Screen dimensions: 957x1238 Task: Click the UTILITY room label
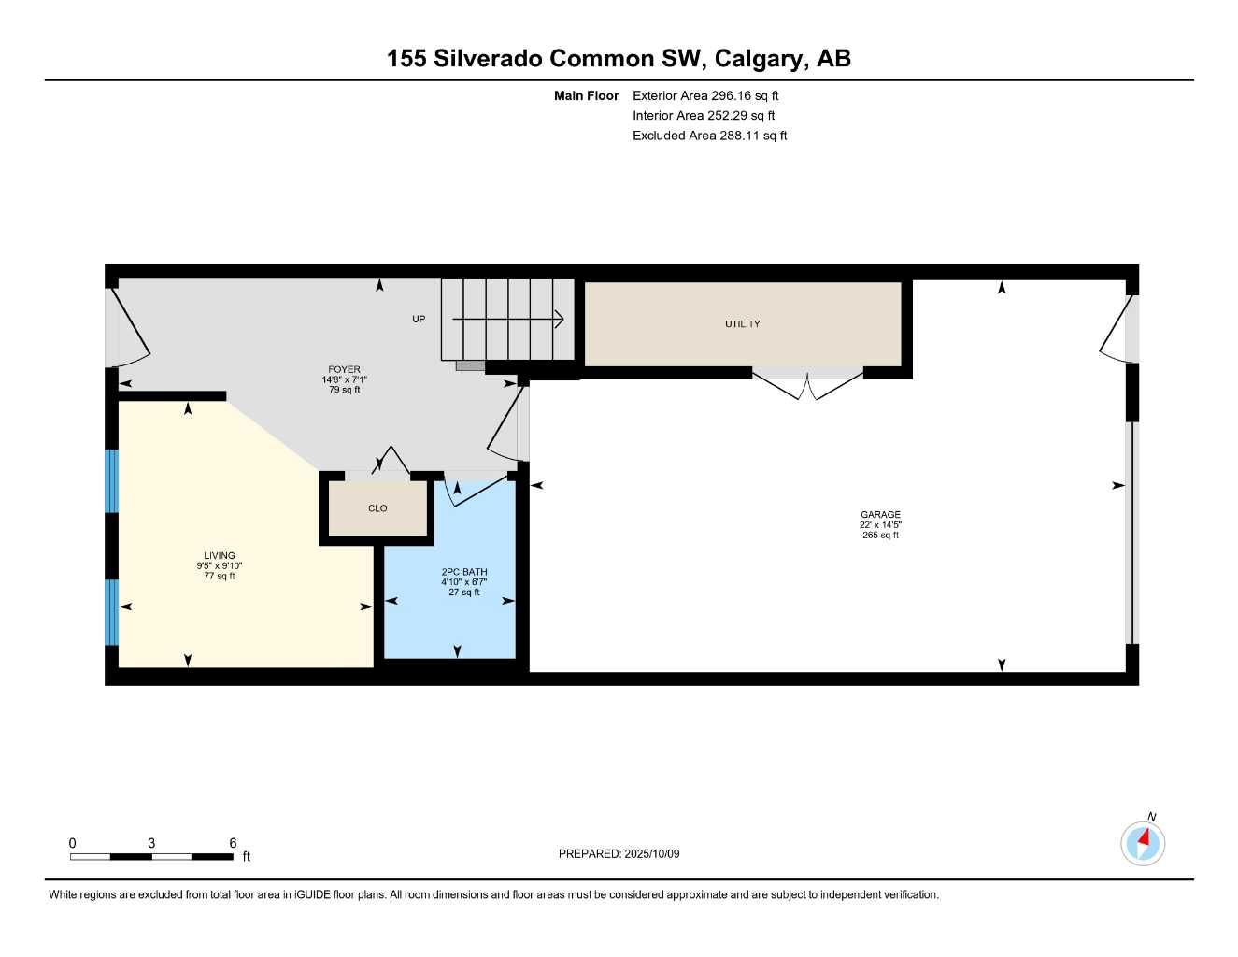point(742,324)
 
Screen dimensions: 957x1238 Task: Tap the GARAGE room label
point(880,515)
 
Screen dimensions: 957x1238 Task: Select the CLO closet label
point(377,508)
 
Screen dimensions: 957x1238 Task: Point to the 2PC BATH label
point(464,572)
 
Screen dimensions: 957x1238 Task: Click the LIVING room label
point(220,555)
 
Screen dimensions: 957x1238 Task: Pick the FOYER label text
point(344,370)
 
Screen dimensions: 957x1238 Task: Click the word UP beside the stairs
point(419,320)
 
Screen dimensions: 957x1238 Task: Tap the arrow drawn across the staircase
point(509,320)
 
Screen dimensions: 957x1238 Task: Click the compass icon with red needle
point(1142,843)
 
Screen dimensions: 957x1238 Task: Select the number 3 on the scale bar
point(151,843)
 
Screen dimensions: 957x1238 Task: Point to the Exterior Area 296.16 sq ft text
point(705,95)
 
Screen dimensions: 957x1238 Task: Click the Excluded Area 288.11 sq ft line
point(709,136)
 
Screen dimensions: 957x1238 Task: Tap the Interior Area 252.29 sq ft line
point(704,116)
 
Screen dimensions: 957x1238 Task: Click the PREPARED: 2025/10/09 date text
point(619,854)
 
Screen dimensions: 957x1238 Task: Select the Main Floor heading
point(586,95)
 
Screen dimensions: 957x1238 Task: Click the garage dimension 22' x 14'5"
point(880,525)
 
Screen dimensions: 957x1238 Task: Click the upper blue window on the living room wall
point(112,481)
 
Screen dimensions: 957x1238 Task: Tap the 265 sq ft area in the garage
point(880,536)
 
